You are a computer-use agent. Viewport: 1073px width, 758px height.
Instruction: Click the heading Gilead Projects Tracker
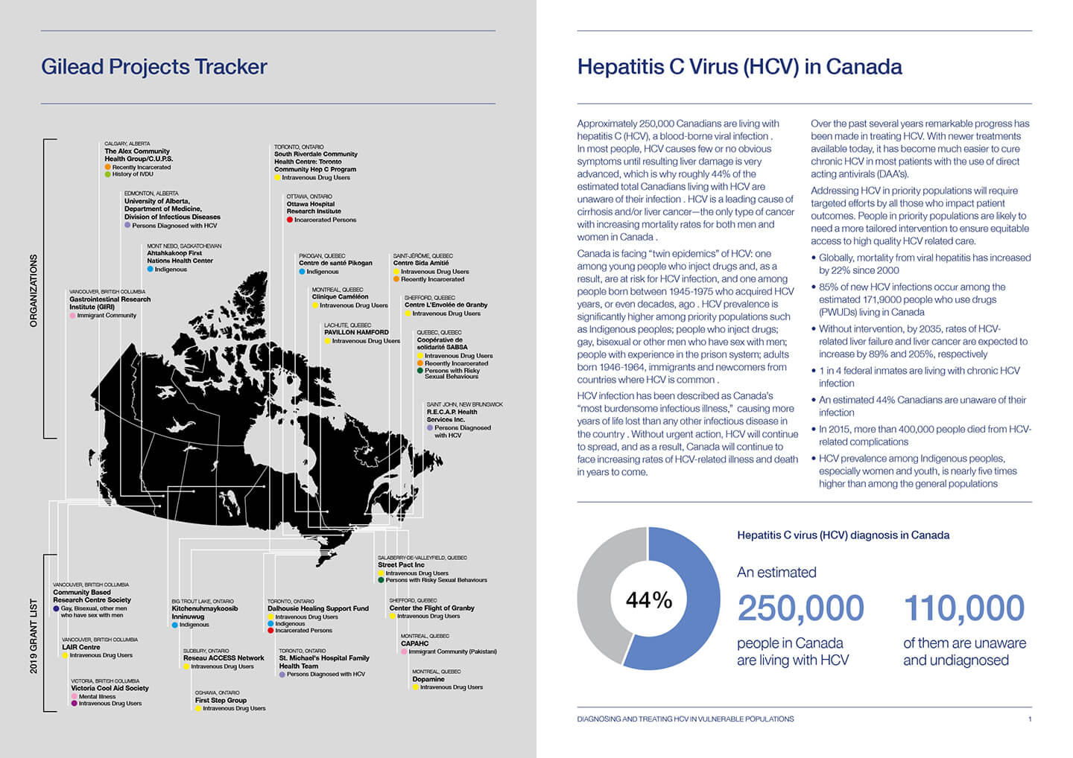[x=154, y=67]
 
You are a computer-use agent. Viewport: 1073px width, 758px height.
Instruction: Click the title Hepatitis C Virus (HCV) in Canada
[x=739, y=67]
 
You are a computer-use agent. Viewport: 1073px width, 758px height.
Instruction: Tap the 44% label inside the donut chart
[x=649, y=600]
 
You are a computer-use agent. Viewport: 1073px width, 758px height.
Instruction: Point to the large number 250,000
[x=800, y=608]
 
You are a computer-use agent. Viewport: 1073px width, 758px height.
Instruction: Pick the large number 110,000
[x=964, y=608]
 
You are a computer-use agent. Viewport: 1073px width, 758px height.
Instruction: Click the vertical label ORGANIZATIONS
[x=34, y=290]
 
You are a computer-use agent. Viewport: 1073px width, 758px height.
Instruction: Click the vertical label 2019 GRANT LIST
[x=34, y=636]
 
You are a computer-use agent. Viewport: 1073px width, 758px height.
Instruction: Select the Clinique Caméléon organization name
[x=340, y=297]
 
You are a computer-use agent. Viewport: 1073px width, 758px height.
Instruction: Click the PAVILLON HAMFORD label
[x=356, y=332]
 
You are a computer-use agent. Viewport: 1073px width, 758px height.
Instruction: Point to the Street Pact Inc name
[x=401, y=564]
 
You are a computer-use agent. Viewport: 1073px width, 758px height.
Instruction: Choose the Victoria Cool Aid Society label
[x=110, y=688]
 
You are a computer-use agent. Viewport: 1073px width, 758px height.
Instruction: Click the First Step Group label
[x=221, y=700]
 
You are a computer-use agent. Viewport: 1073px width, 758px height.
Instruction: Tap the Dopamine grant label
[x=428, y=679]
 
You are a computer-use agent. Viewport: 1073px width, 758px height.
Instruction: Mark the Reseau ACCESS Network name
[x=224, y=658]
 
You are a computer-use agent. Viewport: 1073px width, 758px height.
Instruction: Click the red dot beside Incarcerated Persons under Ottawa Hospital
[x=290, y=220]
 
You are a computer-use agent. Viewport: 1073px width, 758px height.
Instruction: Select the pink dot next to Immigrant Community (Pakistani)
[x=404, y=652]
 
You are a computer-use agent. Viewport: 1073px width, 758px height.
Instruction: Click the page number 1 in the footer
[x=1030, y=719]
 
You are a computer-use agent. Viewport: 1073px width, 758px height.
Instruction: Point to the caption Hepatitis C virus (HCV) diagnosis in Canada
[x=843, y=535]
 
